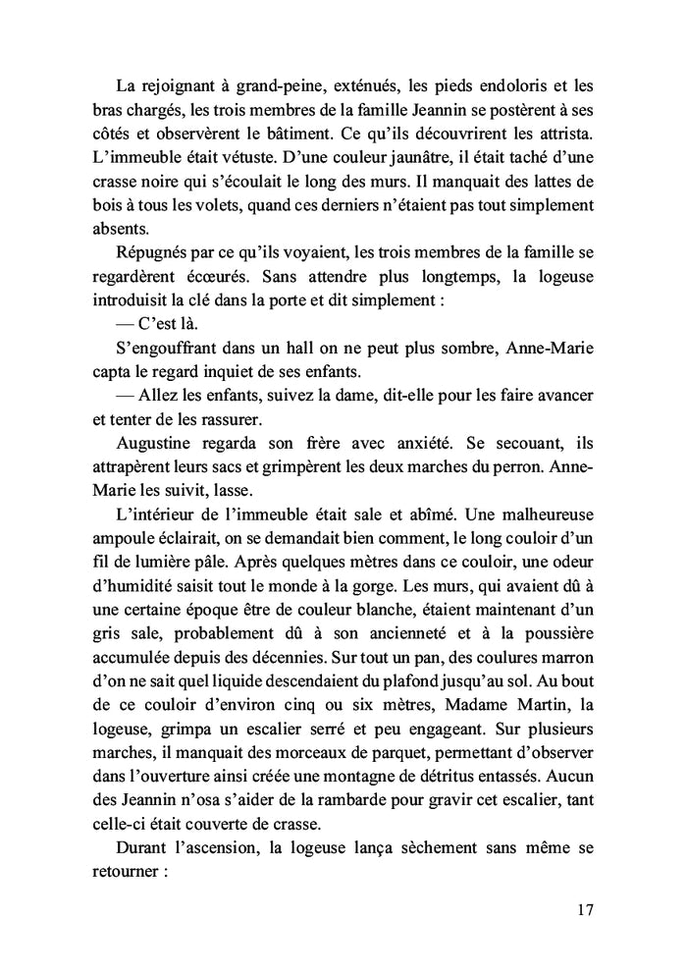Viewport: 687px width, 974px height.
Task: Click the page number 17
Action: tap(584, 909)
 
